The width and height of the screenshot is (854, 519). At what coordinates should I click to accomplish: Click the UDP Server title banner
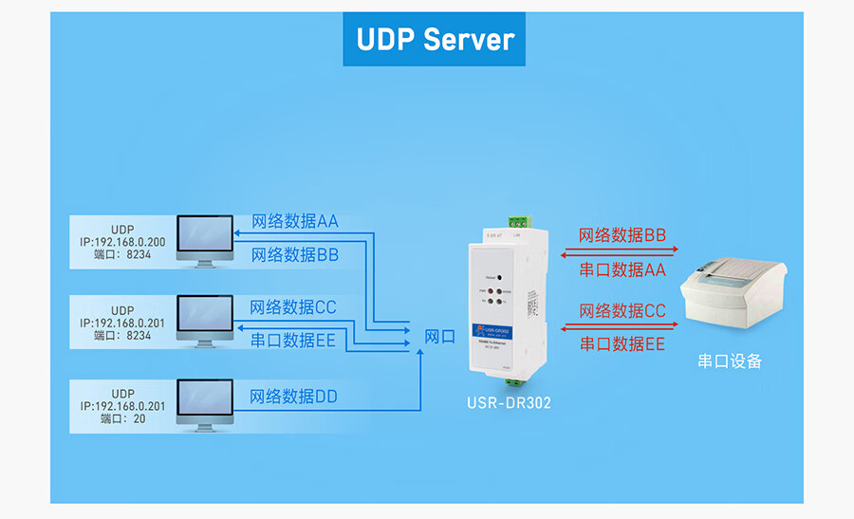click(435, 39)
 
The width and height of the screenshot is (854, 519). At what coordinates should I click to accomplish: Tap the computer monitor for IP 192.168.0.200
click(200, 240)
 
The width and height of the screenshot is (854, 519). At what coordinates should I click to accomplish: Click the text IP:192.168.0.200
click(122, 243)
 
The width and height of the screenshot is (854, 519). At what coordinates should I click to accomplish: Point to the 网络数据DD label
click(293, 396)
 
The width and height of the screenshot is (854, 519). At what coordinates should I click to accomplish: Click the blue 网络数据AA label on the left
click(294, 222)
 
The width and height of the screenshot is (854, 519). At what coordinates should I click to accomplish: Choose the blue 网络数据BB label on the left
click(294, 255)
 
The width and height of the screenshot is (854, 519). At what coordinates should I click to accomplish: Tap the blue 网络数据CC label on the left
click(292, 307)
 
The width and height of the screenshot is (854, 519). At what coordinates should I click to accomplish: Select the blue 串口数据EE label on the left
click(292, 340)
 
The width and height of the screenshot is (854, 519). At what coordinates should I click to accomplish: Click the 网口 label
click(439, 337)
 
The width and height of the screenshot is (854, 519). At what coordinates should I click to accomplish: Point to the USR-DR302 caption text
click(508, 402)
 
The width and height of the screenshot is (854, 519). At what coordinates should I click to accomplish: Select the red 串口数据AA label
click(622, 269)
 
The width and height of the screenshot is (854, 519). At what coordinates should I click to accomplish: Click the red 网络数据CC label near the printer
click(622, 310)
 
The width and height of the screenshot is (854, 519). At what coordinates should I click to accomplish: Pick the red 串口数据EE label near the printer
click(622, 344)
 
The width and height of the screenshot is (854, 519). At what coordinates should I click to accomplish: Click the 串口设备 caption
click(730, 361)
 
